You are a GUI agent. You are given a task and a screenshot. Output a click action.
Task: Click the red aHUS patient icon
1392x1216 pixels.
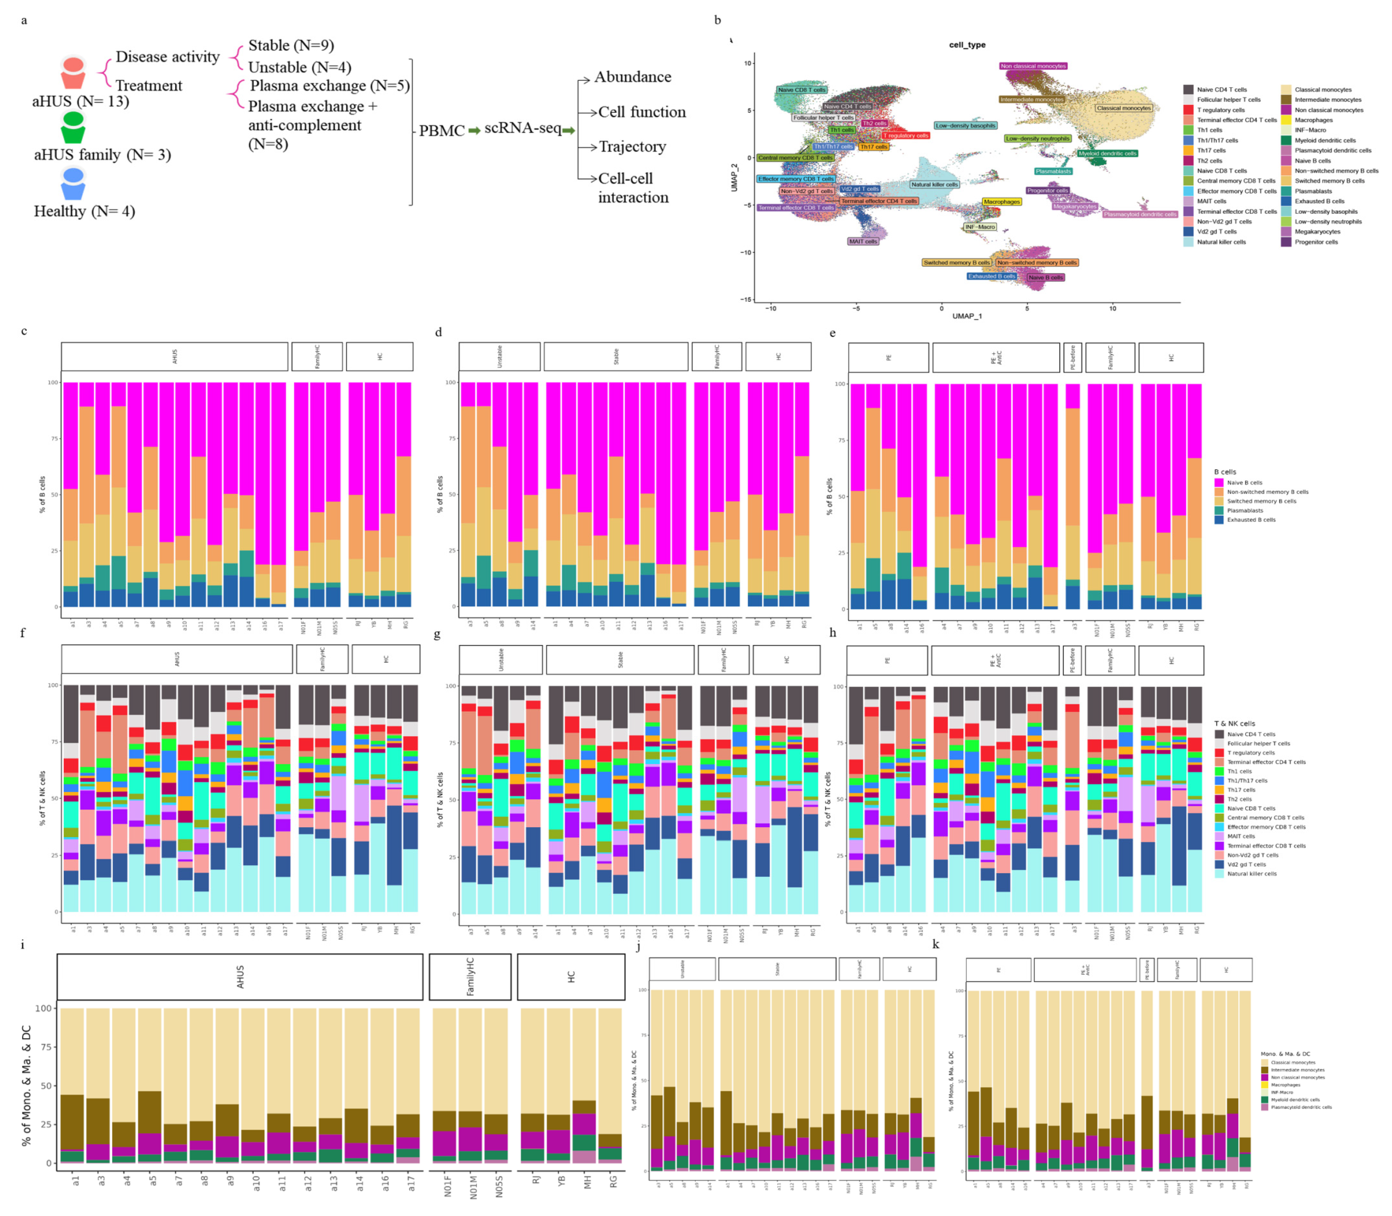[72, 73]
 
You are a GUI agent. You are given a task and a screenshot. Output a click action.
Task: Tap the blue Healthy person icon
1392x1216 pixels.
[72, 184]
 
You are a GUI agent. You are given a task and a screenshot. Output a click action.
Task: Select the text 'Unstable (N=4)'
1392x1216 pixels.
[299, 67]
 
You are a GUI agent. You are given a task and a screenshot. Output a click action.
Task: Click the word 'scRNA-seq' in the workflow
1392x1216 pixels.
[522, 128]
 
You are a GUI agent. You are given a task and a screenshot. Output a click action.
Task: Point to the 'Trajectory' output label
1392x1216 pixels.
[632, 146]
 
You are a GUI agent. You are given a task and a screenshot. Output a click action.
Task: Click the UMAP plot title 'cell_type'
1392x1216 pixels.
[967, 45]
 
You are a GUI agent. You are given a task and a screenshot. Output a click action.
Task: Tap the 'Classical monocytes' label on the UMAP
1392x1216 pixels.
[1123, 108]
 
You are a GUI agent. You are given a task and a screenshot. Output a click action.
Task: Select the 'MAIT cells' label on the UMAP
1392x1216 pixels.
[863, 241]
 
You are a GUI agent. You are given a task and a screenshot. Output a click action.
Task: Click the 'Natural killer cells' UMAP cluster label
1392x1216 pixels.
[934, 184]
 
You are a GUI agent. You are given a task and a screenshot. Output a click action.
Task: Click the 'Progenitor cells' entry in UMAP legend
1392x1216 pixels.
[1315, 242]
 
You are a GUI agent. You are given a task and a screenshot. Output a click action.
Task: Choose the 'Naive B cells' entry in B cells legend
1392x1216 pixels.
[1244, 483]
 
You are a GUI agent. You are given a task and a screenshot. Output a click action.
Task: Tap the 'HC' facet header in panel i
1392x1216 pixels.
[571, 977]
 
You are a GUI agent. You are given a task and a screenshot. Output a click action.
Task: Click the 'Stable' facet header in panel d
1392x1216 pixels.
[616, 356]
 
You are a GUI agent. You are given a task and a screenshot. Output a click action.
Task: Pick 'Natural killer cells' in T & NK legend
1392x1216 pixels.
[1251, 873]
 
